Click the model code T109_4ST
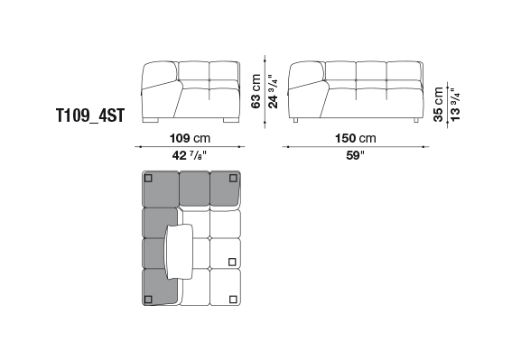pyautogui.click(x=90, y=115)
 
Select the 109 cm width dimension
pyautogui.click(x=190, y=138)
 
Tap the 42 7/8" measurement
pyautogui.click(x=190, y=155)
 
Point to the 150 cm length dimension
pyautogui.click(x=356, y=138)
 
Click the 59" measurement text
pyautogui.click(x=355, y=155)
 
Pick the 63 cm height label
pyautogui.click(x=256, y=91)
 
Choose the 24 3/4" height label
pyautogui.click(x=273, y=91)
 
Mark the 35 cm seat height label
pyautogui.click(x=438, y=105)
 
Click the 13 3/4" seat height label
pyautogui.click(x=455, y=105)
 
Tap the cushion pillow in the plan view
pyautogui.click(x=180, y=251)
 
